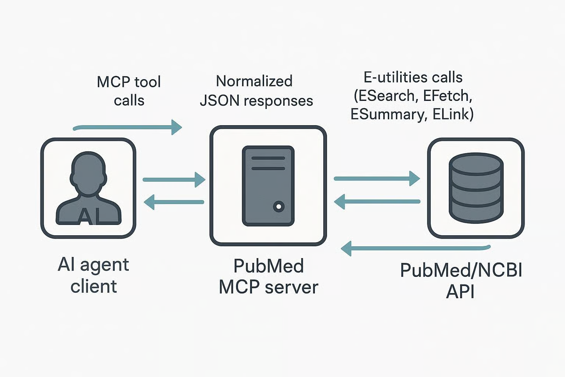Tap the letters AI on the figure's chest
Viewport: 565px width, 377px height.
click(x=88, y=216)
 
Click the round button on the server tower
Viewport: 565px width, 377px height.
click(x=278, y=207)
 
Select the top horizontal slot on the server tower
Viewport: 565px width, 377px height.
click(x=268, y=158)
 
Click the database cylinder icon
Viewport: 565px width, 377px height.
click(x=476, y=188)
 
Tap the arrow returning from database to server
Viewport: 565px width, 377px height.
click(x=377, y=201)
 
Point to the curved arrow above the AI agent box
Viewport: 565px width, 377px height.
click(x=127, y=127)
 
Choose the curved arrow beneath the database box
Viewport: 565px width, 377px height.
click(x=416, y=248)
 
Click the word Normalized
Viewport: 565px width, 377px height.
click(x=254, y=81)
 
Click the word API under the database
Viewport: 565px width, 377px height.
click(x=460, y=292)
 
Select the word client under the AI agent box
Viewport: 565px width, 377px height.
click(x=94, y=286)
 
